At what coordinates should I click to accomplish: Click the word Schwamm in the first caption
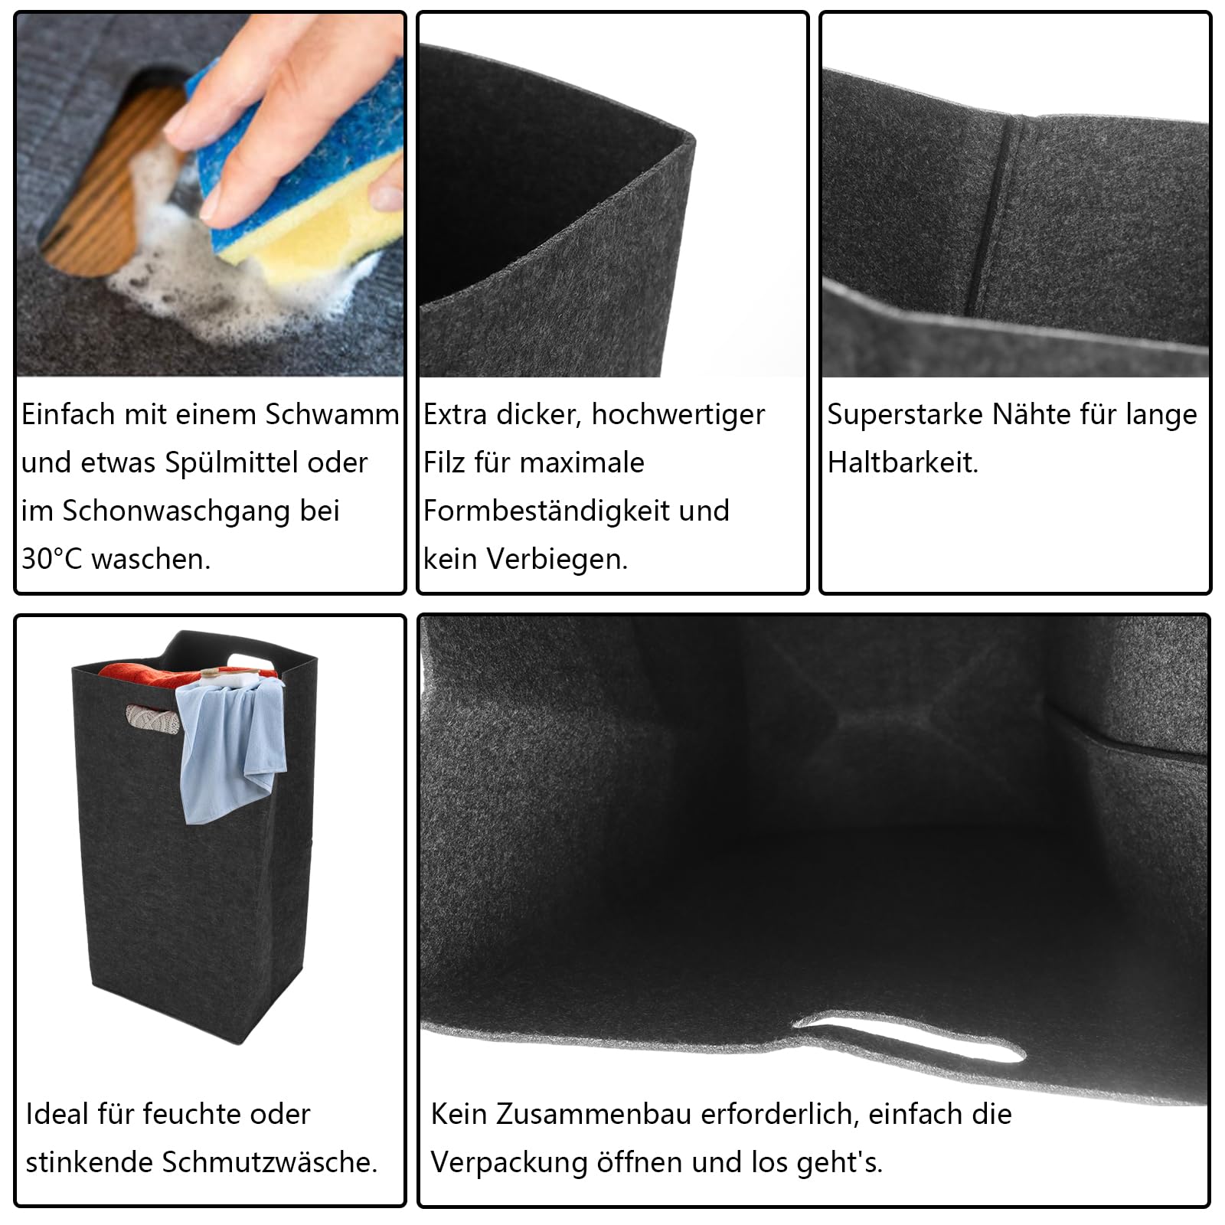[332, 414]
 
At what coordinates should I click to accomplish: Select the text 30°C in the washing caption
[51, 559]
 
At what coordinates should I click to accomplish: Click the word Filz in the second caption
[444, 462]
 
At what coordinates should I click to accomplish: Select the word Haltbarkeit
[903, 462]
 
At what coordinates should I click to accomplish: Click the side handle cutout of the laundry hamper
[153, 718]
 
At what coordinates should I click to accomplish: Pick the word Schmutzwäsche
[270, 1161]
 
